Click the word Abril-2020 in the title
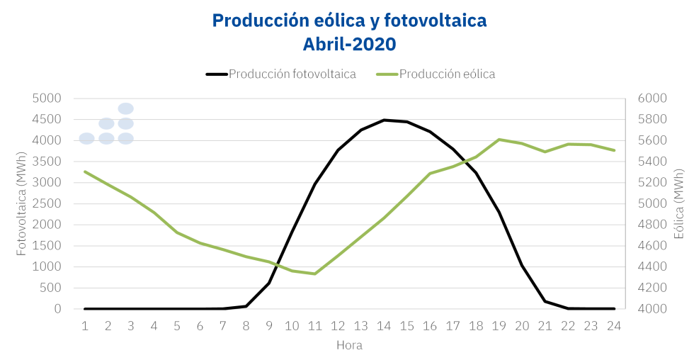(349, 44)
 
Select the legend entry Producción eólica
(447, 74)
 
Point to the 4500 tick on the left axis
(48, 120)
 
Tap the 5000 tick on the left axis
(48, 99)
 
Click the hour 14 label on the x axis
(384, 325)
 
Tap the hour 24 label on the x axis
(614, 325)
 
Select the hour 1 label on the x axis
(85, 325)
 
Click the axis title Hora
(349, 345)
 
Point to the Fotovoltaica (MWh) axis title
(21, 203)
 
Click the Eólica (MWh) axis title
(678, 203)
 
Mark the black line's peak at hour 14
(384, 120)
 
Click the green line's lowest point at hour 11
(314, 274)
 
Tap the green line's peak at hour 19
(499, 140)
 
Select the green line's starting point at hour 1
(85, 171)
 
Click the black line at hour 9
(269, 283)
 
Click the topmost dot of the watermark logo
(126, 108)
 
